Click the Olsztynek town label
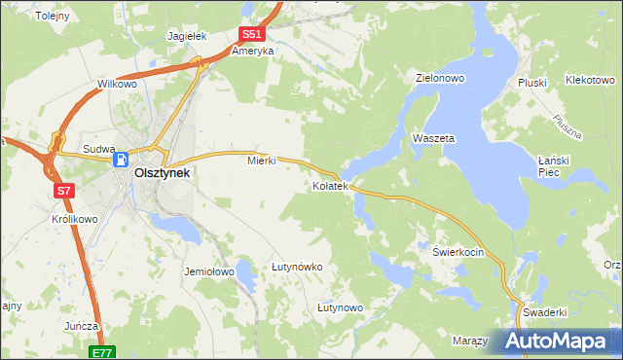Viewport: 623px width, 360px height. (161, 173)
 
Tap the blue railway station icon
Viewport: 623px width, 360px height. (122, 162)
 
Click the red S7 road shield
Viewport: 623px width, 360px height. (63, 191)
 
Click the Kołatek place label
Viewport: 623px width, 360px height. (329, 185)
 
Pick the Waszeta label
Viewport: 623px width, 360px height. (434, 139)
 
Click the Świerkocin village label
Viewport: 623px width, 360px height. (458, 251)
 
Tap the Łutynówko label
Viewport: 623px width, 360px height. (297, 266)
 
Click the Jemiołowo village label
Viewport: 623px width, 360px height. (209, 272)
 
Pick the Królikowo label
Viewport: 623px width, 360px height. (75, 219)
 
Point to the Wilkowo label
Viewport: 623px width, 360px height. (117, 85)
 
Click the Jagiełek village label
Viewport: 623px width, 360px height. (188, 36)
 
